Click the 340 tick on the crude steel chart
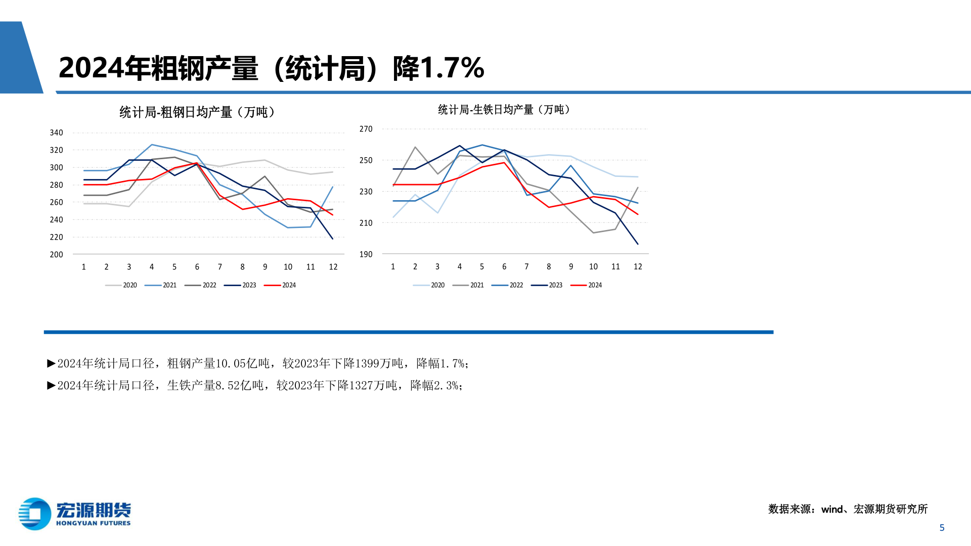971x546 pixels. [56, 133]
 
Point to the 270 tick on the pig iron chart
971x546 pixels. [366, 129]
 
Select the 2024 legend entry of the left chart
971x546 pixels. [280, 285]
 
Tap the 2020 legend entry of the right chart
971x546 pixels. [429, 285]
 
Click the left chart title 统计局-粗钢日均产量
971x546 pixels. [197, 112]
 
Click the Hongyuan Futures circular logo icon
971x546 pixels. [34, 514]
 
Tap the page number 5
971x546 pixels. [942, 528]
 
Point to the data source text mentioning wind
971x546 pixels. [848, 509]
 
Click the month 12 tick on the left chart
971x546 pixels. [333, 267]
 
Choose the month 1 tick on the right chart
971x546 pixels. [393, 266]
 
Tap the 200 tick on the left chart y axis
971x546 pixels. [56, 255]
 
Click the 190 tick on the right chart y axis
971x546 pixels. [366, 254]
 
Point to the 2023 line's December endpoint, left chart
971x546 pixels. [333, 239]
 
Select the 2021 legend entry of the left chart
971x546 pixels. [161, 285]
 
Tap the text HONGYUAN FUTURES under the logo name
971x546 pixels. [93, 523]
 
